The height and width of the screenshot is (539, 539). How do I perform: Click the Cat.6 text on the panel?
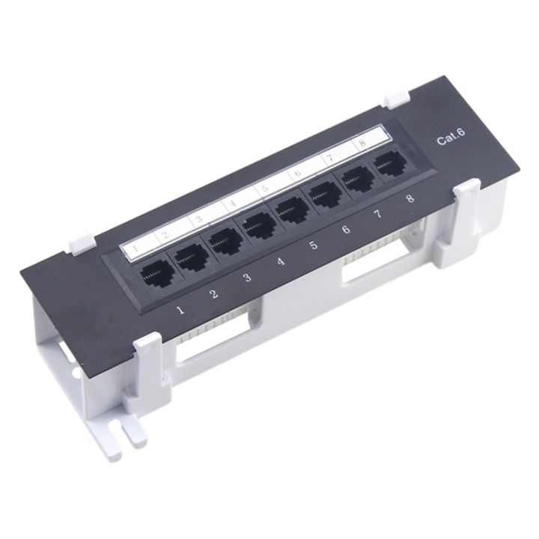(x=451, y=138)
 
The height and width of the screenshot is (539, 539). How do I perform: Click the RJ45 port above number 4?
(x=258, y=224)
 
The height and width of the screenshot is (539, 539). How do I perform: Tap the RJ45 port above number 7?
(x=357, y=178)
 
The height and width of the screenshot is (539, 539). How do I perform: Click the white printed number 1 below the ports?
(x=179, y=308)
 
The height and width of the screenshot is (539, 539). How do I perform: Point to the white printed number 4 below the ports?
(x=280, y=261)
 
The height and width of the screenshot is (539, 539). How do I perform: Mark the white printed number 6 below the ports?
(x=346, y=229)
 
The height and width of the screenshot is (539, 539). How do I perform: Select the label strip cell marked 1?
(x=135, y=247)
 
